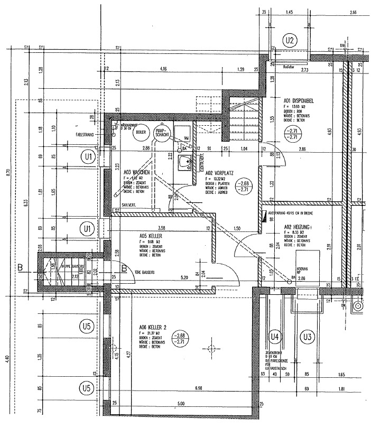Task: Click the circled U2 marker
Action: [289, 40]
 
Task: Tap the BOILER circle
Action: [140, 133]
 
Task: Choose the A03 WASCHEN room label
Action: [138, 172]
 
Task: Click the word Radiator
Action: [288, 67]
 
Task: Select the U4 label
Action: [274, 336]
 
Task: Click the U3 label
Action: [306, 336]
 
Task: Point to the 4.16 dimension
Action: [163, 70]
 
